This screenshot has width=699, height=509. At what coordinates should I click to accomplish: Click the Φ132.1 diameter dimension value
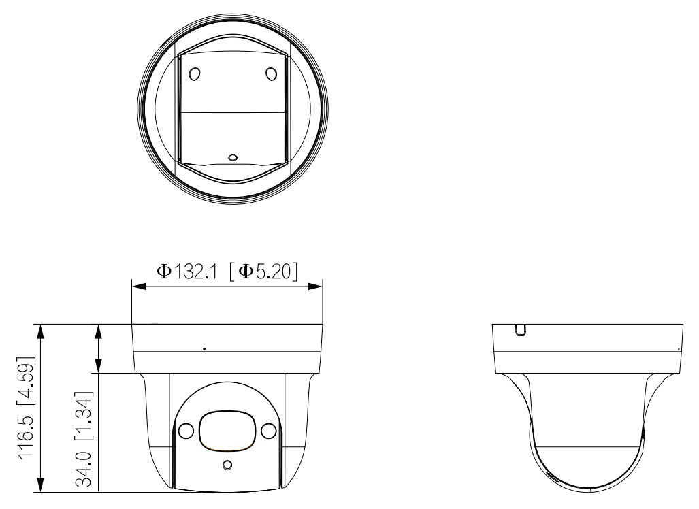(x=186, y=271)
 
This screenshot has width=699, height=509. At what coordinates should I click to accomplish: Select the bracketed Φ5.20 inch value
(x=263, y=271)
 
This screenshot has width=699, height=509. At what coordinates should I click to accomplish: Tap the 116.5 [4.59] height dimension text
(x=26, y=408)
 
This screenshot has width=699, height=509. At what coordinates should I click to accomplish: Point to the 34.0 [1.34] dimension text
(x=84, y=439)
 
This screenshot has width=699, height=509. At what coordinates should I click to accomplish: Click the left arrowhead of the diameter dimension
(x=139, y=286)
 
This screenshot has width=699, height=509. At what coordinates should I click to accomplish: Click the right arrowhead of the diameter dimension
(x=315, y=286)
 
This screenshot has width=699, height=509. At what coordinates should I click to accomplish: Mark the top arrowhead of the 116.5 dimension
(x=41, y=331)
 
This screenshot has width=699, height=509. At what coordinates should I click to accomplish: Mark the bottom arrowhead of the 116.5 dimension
(x=41, y=485)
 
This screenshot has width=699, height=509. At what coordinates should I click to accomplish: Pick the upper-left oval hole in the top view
(x=195, y=73)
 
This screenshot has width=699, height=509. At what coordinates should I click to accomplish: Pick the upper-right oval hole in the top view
(x=272, y=73)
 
